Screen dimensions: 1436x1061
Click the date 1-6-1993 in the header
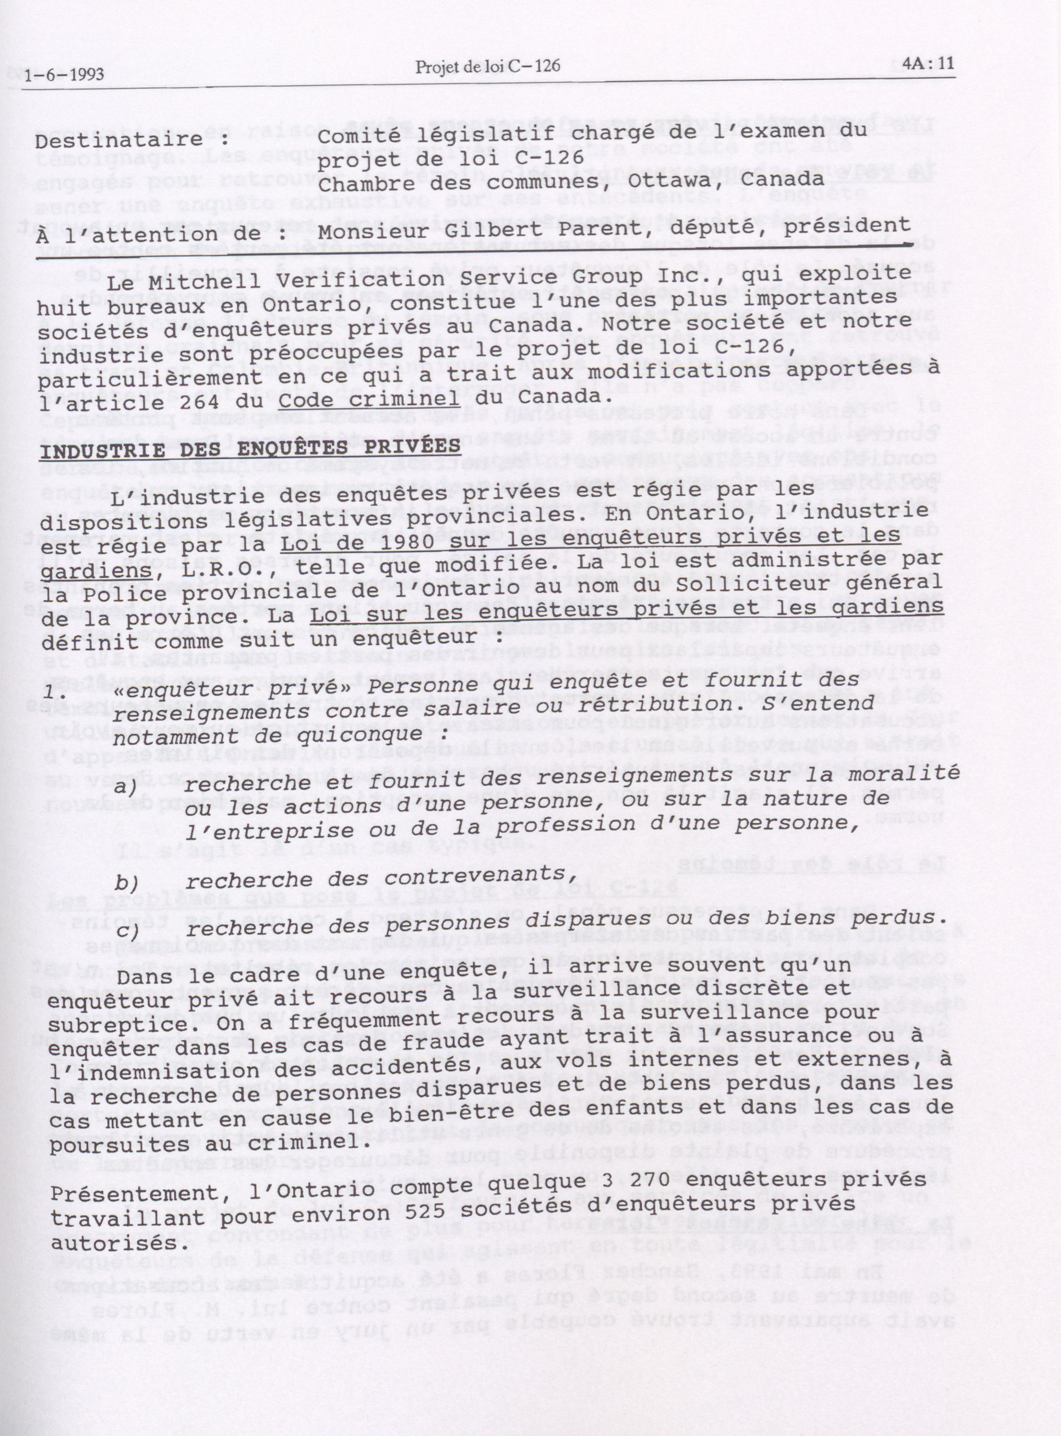tap(64, 76)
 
